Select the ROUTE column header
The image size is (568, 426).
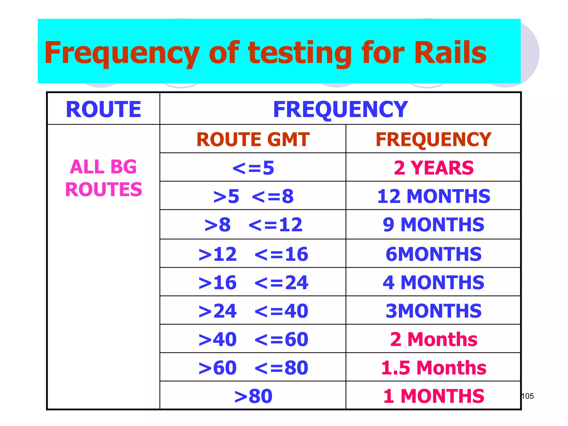[103, 109]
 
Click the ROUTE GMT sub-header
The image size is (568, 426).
[253, 139]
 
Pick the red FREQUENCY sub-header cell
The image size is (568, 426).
[433, 139]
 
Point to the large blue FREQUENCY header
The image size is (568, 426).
[340, 109]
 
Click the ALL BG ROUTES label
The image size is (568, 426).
[103, 178]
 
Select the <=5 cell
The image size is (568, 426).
[253, 168]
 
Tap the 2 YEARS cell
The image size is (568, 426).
[433, 168]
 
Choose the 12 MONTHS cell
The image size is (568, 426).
[433, 196]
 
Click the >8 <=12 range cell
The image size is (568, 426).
[253, 225]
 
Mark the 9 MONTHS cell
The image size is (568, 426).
[433, 225]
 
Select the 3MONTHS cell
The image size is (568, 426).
[433, 311]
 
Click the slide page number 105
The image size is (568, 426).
[528, 396]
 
